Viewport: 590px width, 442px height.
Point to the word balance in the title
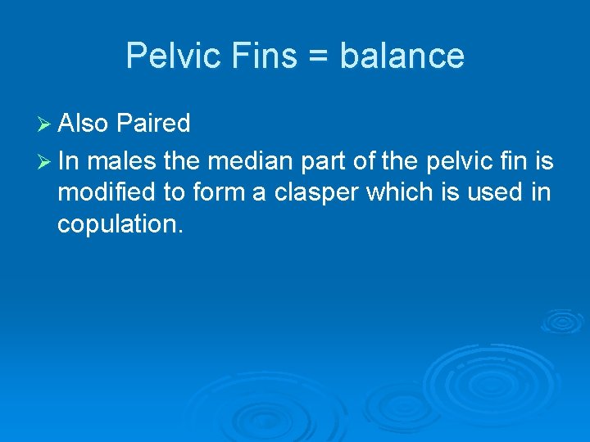pyautogui.click(x=402, y=56)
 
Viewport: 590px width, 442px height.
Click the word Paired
pyautogui.click(x=153, y=124)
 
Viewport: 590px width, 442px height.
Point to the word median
pyautogui.click(x=246, y=162)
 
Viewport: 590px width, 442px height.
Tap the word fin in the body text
pyautogui.click(x=508, y=162)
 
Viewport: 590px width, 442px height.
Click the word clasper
pyautogui.click(x=315, y=193)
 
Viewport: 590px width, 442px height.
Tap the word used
pyautogui.click(x=498, y=192)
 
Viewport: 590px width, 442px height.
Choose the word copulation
pyautogui.click(x=119, y=223)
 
